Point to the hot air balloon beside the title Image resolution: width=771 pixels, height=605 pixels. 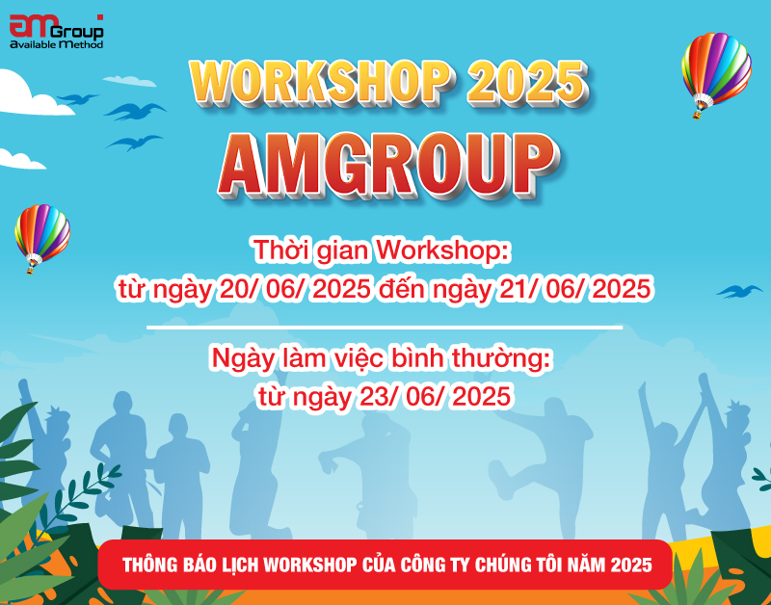[715, 71]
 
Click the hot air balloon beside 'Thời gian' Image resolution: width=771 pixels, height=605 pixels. [41, 234]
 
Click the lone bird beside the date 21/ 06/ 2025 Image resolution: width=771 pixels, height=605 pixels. [738, 290]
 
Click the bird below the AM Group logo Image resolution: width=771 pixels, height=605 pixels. [77, 98]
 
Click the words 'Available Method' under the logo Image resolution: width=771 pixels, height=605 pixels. [56, 44]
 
